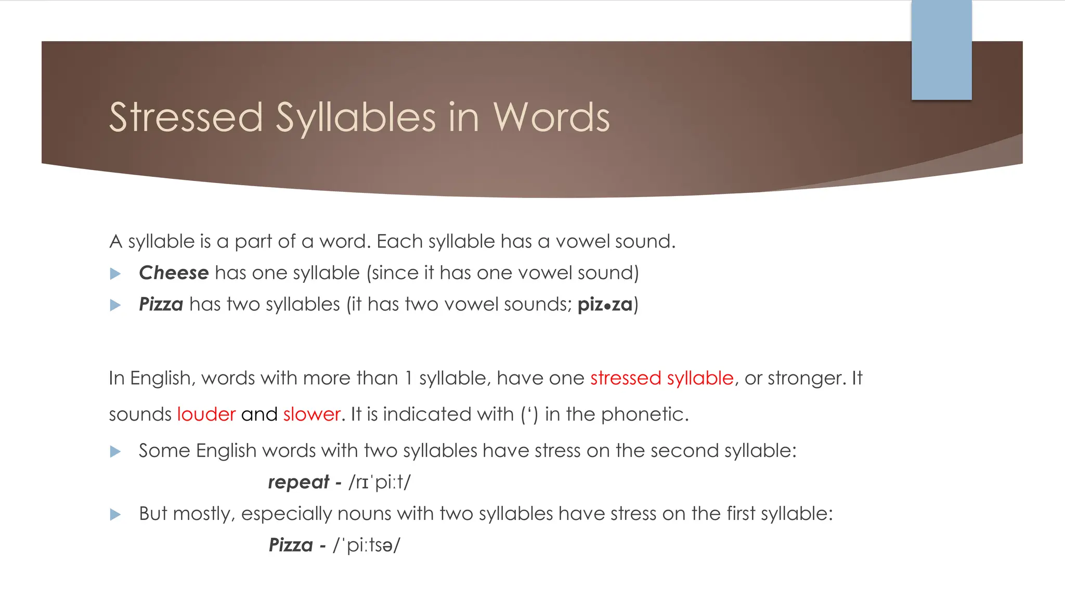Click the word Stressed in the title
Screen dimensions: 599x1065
pos(186,118)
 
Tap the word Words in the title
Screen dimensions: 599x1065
pos(551,118)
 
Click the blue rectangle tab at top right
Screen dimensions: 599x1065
pos(941,50)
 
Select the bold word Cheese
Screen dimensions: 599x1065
pos(174,273)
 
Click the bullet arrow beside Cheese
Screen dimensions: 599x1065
pos(115,274)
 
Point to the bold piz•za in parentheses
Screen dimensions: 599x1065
pos(605,304)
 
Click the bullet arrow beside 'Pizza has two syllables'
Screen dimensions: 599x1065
pos(115,305)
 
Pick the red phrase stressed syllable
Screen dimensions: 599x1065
pos(661,378)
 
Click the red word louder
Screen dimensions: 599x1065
pos(206,414)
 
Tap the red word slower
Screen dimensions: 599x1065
pos(311,414)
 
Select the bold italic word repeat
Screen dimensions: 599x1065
pos(298,483)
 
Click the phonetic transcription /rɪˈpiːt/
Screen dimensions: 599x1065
pos(380,483)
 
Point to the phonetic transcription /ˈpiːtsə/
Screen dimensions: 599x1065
pos(367,545)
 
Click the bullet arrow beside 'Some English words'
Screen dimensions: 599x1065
pos(115,452)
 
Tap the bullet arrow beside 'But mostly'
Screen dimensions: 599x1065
pos(115,515)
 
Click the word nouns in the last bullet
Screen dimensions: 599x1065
pos(367,514)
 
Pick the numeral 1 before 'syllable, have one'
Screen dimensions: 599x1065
pos(409,378)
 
